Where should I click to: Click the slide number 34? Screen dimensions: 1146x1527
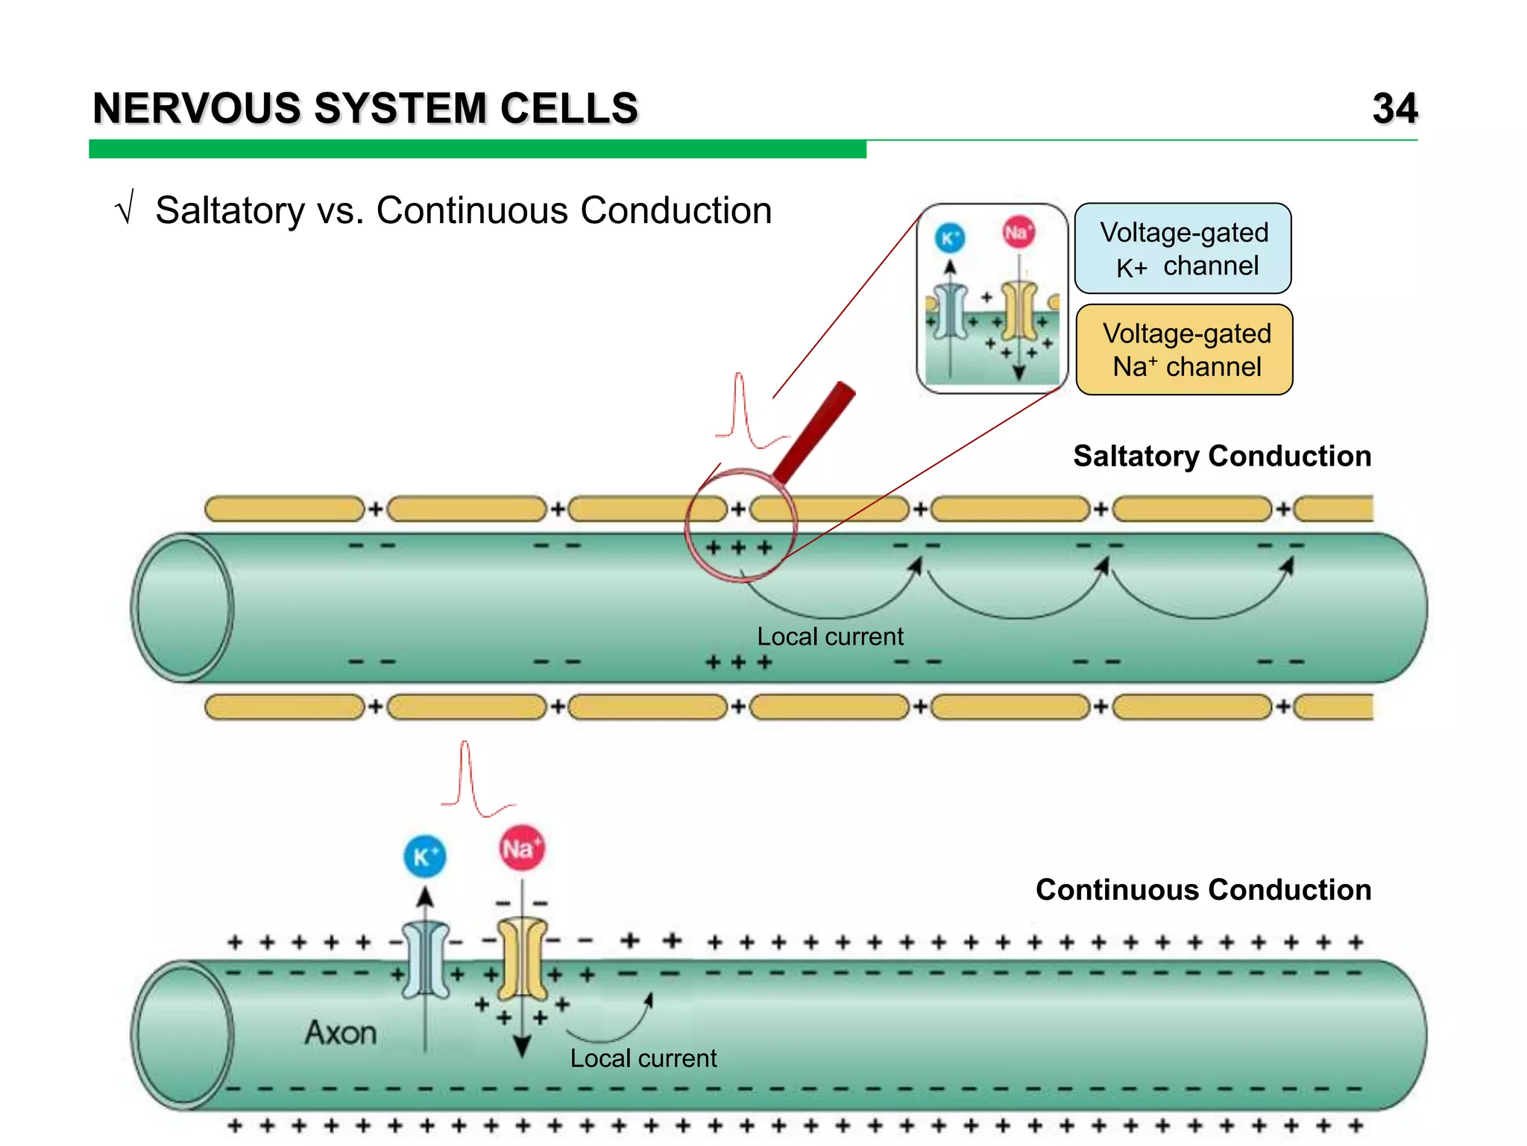(1394, 109)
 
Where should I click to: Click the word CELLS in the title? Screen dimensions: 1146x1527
(569, 109)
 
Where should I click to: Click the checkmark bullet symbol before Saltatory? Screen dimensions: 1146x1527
(125, 207)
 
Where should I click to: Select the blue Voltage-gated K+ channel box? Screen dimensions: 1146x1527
(1183, 248)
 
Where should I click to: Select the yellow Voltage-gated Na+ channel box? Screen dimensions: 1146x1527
(1185, 349)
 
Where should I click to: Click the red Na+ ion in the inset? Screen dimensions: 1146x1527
(1018, 233)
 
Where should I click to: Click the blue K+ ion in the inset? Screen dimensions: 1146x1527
(950, 238)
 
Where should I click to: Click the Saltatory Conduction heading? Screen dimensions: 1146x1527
(1221, 456)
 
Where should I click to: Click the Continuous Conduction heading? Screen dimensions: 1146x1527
(1203, 890)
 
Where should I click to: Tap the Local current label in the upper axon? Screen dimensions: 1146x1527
(829, 636)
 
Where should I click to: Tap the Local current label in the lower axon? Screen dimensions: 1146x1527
(643, 1058)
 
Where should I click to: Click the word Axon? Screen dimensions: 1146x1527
(341, 1033)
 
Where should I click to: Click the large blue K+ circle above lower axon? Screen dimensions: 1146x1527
(425, 857)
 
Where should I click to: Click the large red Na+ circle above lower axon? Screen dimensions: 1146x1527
(521, 848)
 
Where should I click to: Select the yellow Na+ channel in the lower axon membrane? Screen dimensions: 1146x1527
(522, 959)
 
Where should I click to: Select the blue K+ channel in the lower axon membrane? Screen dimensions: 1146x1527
(426, 960)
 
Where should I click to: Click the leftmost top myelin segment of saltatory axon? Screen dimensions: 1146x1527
(284, 510)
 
